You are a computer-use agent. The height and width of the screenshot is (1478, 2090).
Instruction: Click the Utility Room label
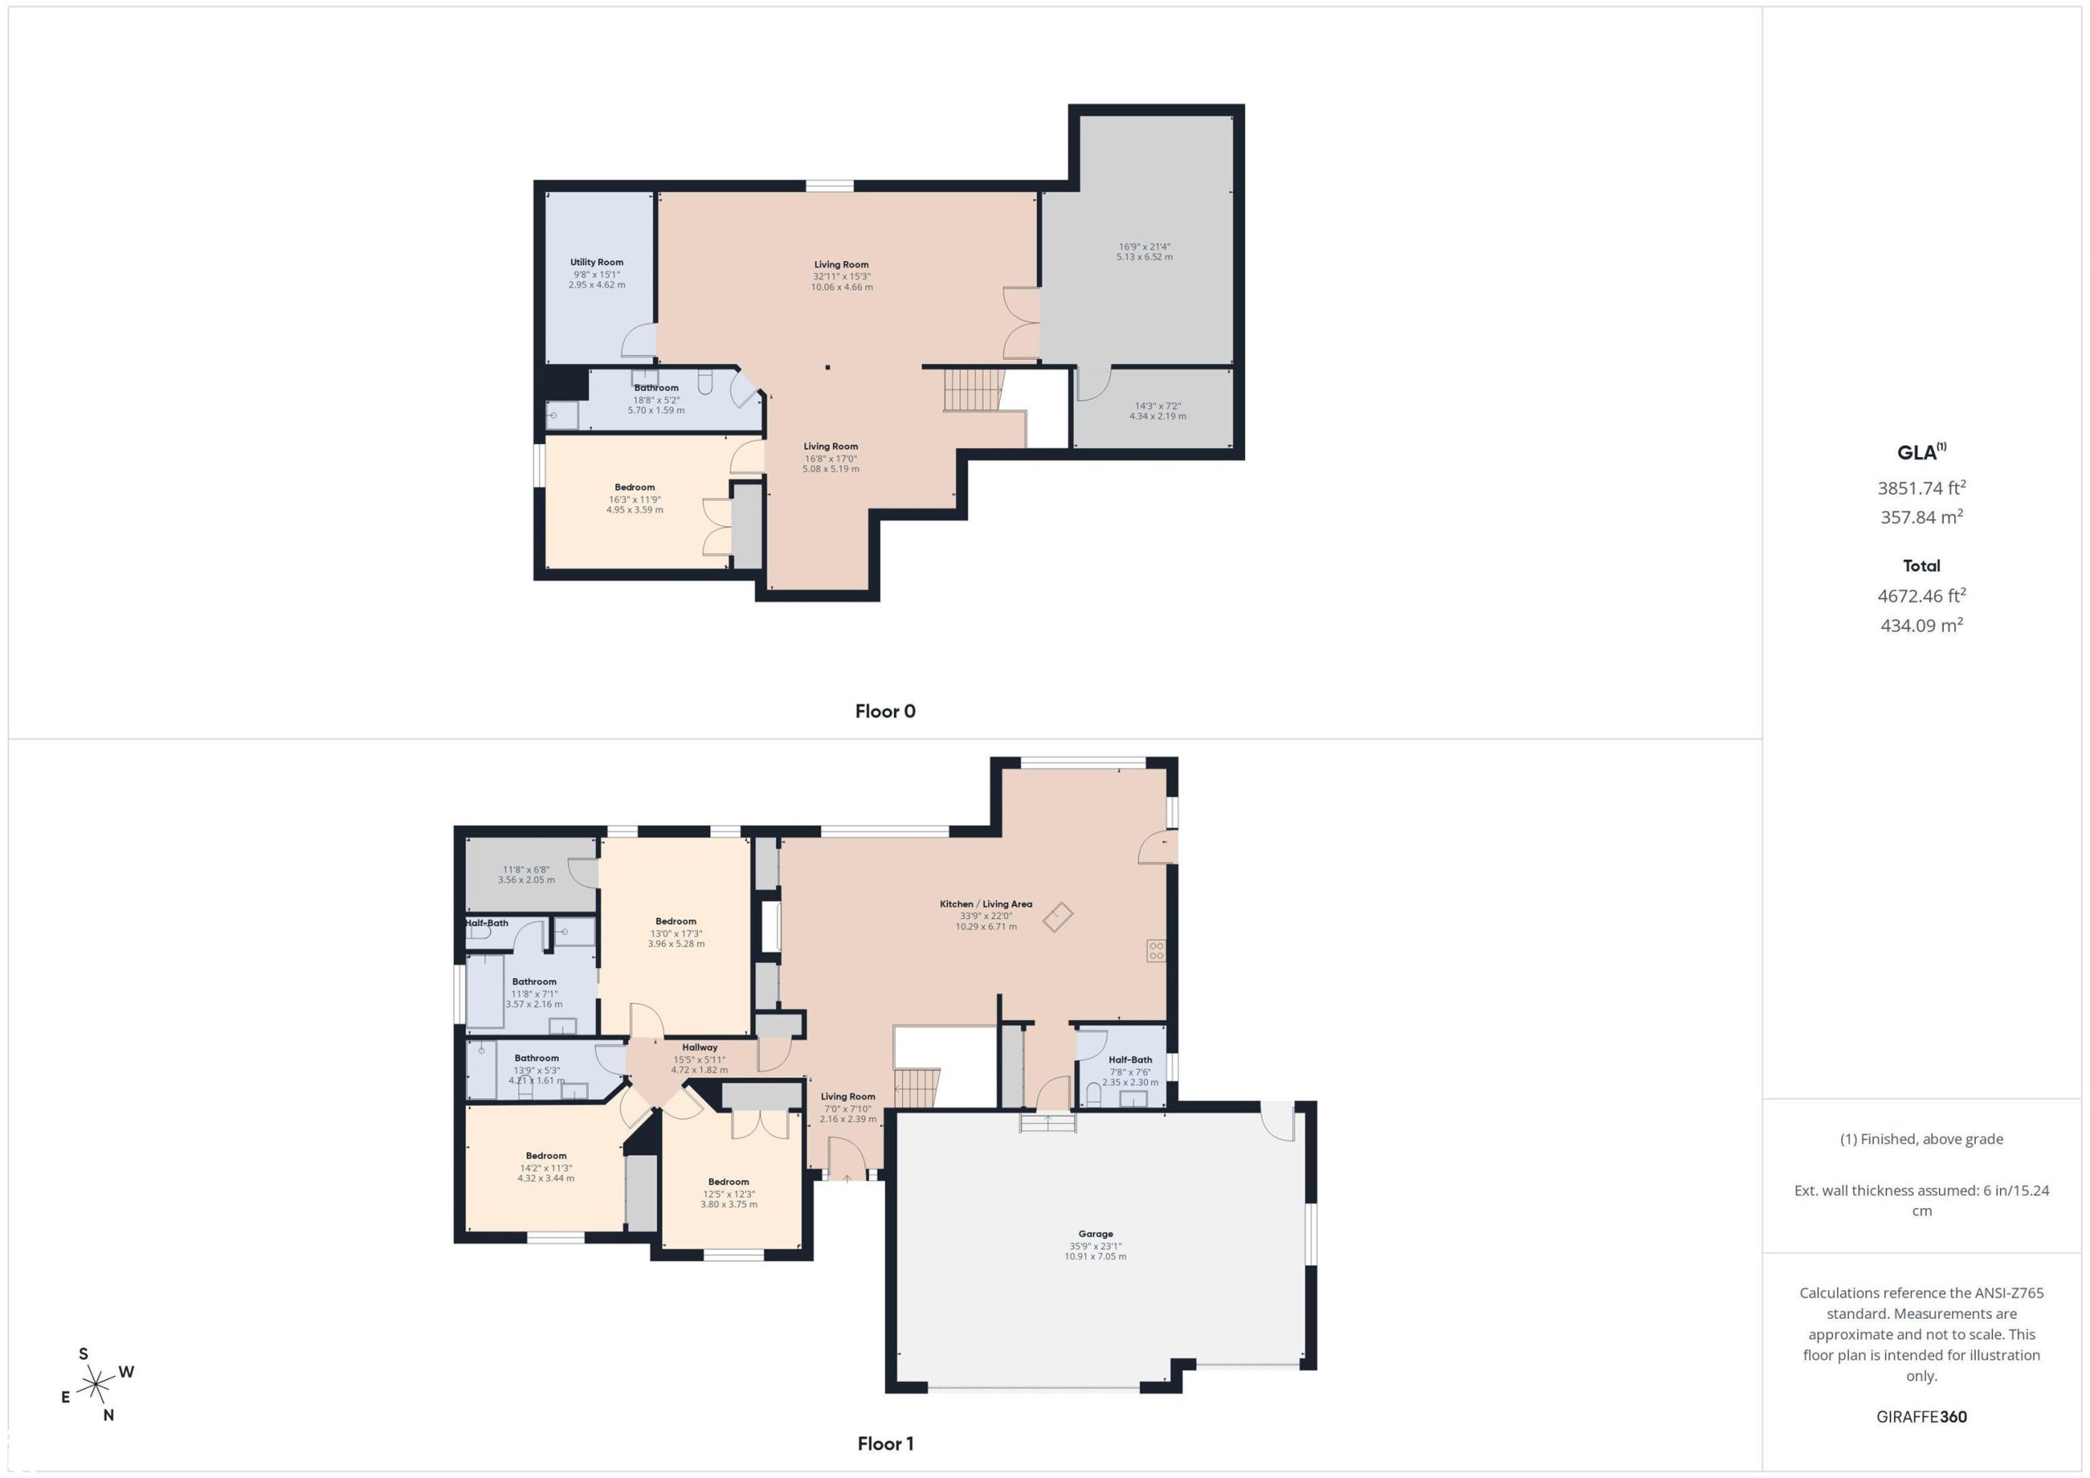[x=596, y=262]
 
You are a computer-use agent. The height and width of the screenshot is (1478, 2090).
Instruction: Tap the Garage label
[x=1095, y=1234]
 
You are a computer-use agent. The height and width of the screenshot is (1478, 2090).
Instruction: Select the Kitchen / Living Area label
[x=986, y=903]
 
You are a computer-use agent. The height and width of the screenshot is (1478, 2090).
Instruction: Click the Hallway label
[x=699, y=1048]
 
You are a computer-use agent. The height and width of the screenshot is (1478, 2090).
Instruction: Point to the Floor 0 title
[x=885, y=711]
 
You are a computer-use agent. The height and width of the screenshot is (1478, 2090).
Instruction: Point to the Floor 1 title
[x=885, y=1444]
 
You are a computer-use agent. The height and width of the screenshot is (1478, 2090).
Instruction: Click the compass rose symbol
[x=95, y=1386]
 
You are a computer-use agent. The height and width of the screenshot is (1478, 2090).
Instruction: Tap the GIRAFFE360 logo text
[x=1922, y=1416]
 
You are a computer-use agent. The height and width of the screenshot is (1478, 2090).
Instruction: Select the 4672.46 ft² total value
[x=1922, y=595]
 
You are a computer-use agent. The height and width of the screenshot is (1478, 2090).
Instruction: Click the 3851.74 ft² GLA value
[x=1922, y=488]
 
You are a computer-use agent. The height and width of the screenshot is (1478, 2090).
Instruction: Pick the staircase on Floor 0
[x=973, y=389]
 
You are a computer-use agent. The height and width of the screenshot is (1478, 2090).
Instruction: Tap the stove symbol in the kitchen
[x=1156, y=951]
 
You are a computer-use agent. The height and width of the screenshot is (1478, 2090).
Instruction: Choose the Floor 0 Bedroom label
[x=634, y=487]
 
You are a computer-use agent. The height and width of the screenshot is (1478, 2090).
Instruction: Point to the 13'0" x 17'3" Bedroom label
[x=675, y=921]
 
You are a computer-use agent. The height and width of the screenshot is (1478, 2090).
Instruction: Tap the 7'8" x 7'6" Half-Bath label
[x=1130, y=1059]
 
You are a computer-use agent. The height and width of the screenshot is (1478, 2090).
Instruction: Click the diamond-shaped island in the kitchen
[x=1058, y=917]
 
